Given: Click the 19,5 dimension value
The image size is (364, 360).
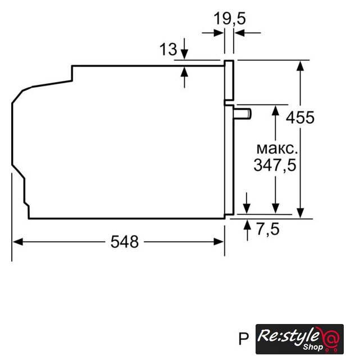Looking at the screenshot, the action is [x=229, y=19].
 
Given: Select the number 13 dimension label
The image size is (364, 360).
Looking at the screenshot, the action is [x=168, y=49].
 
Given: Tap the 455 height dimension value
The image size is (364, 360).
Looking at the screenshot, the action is [x=300, y=118].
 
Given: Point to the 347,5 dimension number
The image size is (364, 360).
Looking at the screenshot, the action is [x=275, y=165].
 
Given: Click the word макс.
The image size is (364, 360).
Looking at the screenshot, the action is [x=277, y=148].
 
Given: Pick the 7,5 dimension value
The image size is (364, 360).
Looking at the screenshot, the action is [x=267, y=229].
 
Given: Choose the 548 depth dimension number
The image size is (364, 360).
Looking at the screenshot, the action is [x=125, y=242].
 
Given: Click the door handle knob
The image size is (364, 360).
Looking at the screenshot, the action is [x=243, y=114].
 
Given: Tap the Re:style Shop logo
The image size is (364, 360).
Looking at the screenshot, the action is [x=299, y=339].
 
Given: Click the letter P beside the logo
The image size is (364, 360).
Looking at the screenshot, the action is [x=244, y=339].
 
